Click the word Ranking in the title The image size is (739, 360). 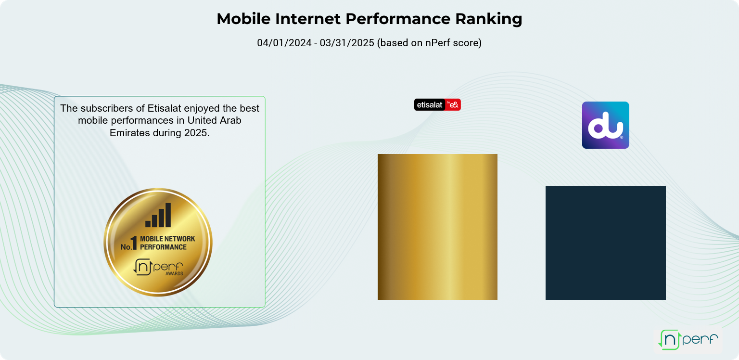click(x=489, y=19)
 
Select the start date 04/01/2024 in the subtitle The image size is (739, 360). click(x=284, y=43)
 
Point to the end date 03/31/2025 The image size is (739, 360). click(x=347, y=43)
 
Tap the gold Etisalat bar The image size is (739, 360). click(x=437, y=227)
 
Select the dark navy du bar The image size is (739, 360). click(x=606, y=243)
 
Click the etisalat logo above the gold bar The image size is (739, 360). click(x=437, y=104)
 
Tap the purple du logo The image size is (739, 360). click(x=606, y=125)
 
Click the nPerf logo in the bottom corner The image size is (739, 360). click(x=688, y=339)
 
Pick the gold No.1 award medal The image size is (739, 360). click(x=158, y=242)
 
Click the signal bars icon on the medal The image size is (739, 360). click(x=158, y=215)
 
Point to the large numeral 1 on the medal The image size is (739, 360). click(x=134, y=243)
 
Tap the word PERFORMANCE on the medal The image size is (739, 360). click(x=163, y=247)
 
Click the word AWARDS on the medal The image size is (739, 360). click(x=174, y=273)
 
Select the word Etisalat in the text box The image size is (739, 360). click(x=164, y=108)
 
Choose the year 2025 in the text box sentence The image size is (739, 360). click(x=197, y=133)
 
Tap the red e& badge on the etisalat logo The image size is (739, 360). click(x=453, y=104)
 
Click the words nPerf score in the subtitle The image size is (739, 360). click(x=450, y=43)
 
